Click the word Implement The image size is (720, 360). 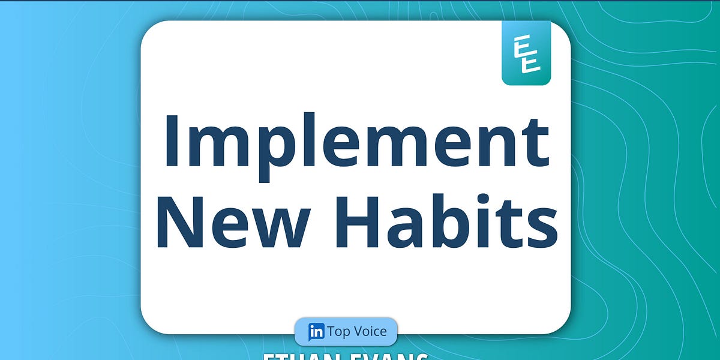(x=356, y=142)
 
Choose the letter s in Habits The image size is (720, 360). (x=540, y=229)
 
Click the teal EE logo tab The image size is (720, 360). (x=526, y=53)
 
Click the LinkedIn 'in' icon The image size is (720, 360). (x=316, y=331)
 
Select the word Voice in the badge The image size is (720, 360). (x=370, y=331)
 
